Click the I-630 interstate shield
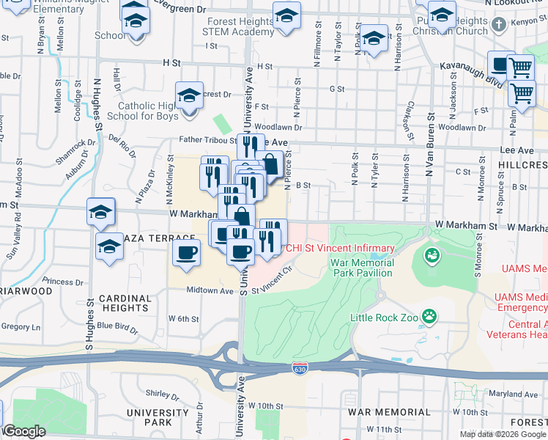coord(299,367)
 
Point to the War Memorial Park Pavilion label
coord(362,268)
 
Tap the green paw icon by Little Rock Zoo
coord(429,317)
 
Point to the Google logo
coord(24,431)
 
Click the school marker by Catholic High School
coord(189,95)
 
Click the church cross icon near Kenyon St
coord(499,24)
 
